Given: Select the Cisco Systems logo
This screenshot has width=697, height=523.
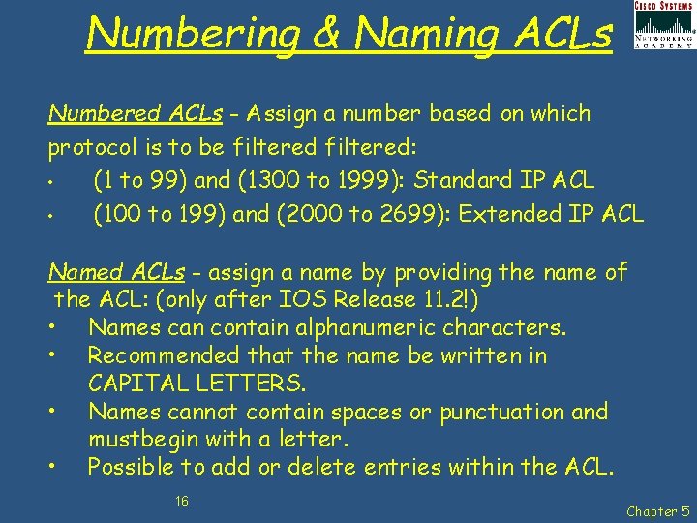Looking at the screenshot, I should coord(663,25).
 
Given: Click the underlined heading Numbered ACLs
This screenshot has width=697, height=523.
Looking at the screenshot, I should coord(135,114).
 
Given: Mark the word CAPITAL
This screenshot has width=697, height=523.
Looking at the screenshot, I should coord(135,385).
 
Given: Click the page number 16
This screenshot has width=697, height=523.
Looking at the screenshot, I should coord(181,500).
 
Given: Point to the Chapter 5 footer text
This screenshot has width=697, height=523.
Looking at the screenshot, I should coord(657,510).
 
